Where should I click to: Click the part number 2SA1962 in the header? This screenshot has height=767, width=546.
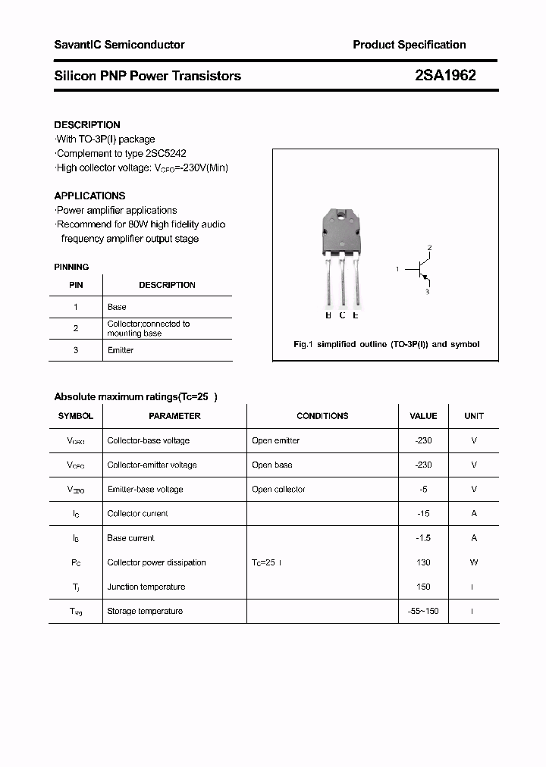click(x=445, y=76)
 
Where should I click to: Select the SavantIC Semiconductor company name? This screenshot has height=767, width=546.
click(x=119, y=45)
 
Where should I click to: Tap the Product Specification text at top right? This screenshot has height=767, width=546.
click(x=409, y=45)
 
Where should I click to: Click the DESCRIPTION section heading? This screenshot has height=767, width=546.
click(x=87, y=125)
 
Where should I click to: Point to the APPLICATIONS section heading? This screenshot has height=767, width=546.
click(x=89, y=196)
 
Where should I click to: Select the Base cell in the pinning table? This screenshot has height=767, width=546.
click(x=117, y=307)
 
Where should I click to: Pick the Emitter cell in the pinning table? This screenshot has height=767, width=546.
click(x=121, y=350)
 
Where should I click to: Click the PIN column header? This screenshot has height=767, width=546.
click(x=76, y=285)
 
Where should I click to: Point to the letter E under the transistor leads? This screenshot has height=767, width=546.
click(x=356, y=315)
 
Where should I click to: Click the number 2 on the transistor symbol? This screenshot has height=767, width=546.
click(x=429, y=248)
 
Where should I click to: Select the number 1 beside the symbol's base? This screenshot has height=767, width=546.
click(x=397, y=269)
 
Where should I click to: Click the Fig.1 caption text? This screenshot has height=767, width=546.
click(x=386, y=344)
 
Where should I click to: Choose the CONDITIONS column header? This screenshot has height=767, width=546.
click(x=322, y=416)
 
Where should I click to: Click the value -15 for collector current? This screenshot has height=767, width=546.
click(x=423, y=514)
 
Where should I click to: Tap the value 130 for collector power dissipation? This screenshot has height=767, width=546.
click(x=423, y=562)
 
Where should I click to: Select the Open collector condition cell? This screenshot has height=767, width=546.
click(x=278, y=490)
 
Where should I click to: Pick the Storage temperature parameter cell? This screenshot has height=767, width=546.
click(x=145, y=611)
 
